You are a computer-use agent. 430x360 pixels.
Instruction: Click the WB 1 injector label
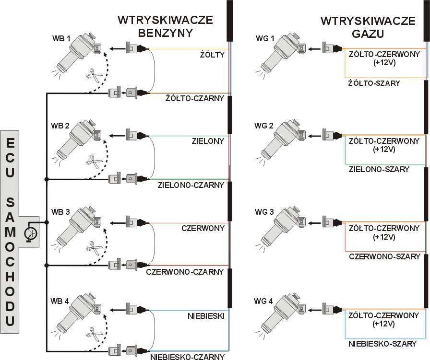pos(61,38)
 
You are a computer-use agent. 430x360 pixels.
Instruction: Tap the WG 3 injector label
pos(264,212)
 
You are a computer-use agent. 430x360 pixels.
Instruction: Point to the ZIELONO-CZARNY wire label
pos(191,185)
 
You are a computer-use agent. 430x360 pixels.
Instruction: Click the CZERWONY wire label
pos(203,228)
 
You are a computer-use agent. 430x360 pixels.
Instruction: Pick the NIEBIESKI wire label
pos(206,316)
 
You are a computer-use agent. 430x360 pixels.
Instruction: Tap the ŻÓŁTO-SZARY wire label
pos(374,83)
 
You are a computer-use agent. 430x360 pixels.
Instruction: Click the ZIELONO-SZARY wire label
pos(379,169)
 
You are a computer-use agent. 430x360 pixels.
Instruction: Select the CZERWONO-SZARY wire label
pos(385,257)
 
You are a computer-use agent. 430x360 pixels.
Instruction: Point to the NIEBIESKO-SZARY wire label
pos(382,344)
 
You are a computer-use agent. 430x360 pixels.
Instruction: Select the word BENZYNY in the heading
pos(166,33)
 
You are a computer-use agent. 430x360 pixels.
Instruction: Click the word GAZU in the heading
pos(368,34)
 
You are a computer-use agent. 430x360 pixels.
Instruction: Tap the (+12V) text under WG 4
pos(383,324)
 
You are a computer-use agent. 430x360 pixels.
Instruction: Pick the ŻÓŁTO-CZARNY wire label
pos(195,98)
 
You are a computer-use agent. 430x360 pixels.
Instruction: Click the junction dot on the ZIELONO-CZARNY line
pos(47,179)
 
